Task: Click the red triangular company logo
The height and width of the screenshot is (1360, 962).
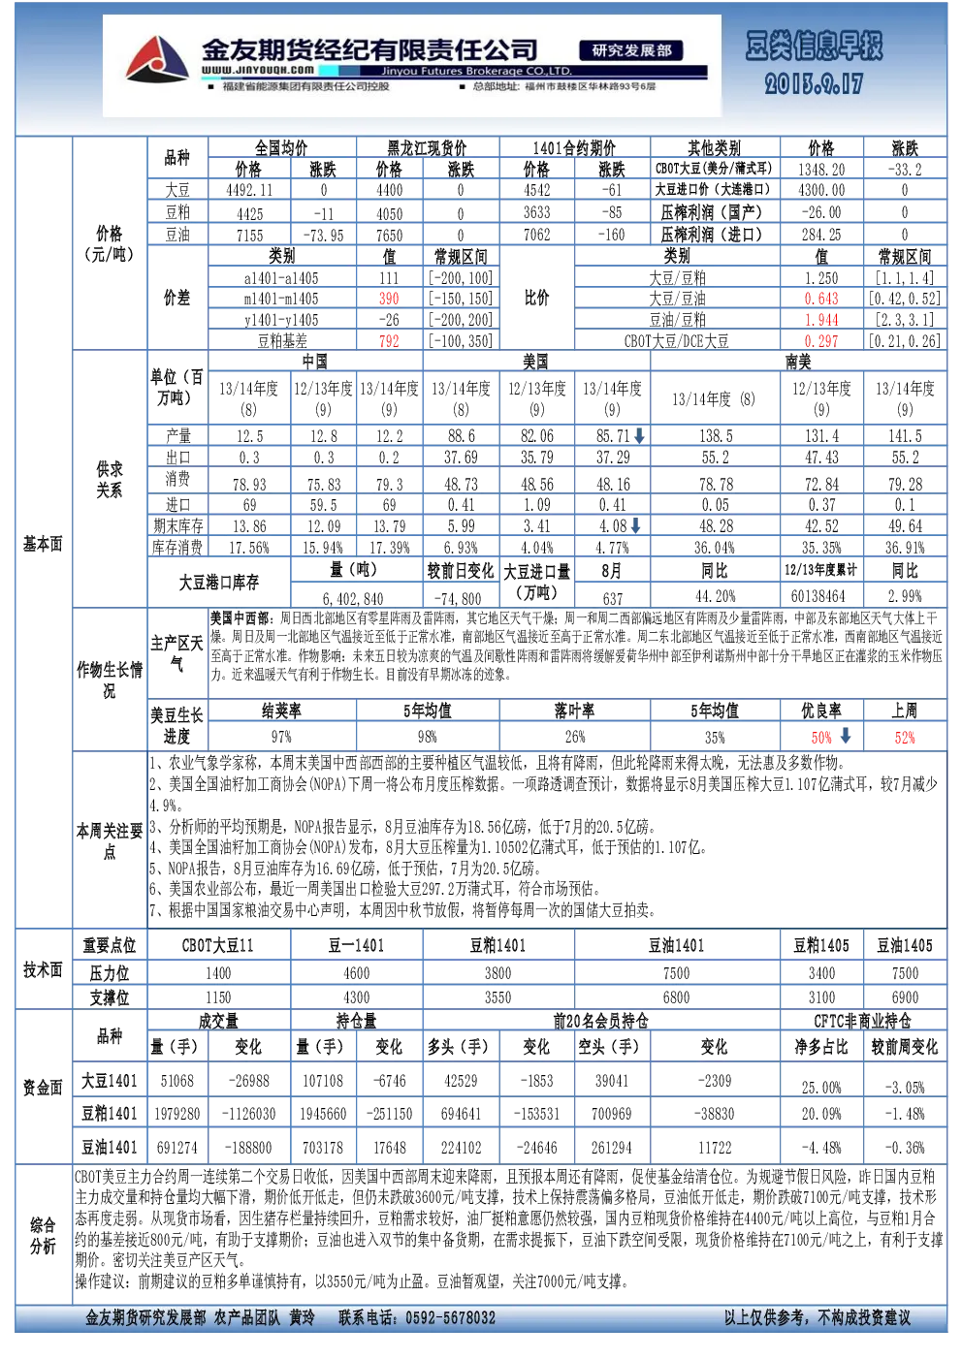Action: pyautogui.click(x=157, y=59)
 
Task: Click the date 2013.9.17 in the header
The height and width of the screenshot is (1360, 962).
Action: pyautogui.click(x=814, y=83)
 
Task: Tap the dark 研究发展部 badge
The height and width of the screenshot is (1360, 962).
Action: pyautogui.click(x=631, y=50)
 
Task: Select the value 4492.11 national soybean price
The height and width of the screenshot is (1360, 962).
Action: pyautogui.click(x=249, y=191)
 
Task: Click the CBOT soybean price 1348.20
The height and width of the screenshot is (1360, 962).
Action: pyautogui.click(x=821, y=170)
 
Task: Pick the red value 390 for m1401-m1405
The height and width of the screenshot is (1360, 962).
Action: pyautogui.click(x=389, y=299)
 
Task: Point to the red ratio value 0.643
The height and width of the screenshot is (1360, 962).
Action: pyautogui.click(x=821, y=299)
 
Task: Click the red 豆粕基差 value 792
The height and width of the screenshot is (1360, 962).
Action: pyautogui.click(x=389, y=341)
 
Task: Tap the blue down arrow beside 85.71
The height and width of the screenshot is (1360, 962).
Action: pyautogui.click(x=639, y=434)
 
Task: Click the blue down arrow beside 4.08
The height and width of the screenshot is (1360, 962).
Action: pyautogui.click(x=636, y=525)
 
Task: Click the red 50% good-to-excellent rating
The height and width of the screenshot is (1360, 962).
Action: pyautogui.click(x=821, y=738)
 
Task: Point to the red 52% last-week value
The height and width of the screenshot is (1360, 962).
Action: pyautogui.click(x=905, y=738)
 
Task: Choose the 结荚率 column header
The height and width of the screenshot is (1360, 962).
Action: pyautogui.click(x=282, y=711)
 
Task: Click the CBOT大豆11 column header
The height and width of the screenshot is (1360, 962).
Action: pyautogui.click(x=218, y=945)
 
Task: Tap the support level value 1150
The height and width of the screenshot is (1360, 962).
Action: pyautogui.click(x=218, y=997)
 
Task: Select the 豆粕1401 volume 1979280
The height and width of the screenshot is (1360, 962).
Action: pyautogui.click(x=176, y=1114)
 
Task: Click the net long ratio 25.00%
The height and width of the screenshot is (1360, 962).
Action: pyautogui.click(x=821, y=1088)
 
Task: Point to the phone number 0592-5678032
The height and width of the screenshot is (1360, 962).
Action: pyautogui.click(x=450, y=1317)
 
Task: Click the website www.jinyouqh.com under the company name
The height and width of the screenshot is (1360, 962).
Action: pyautogui.click(x=258, y=70)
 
